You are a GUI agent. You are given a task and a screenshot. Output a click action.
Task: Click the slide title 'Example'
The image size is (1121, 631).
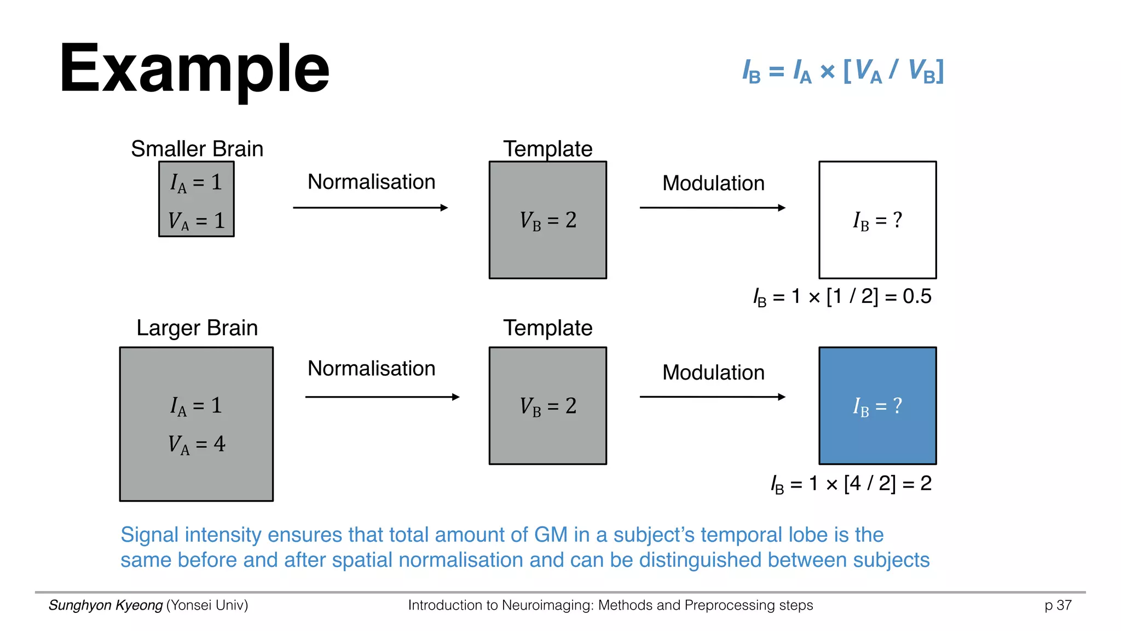194,70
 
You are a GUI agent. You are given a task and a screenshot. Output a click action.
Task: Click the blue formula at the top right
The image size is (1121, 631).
843,71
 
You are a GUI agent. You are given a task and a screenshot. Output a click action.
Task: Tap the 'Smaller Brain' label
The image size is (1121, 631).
197,149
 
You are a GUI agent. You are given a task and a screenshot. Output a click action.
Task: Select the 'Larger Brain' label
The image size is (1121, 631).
197,328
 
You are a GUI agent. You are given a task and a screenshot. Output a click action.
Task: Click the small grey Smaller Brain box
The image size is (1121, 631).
197,199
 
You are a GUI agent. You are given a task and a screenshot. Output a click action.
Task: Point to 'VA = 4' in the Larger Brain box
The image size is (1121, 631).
197,444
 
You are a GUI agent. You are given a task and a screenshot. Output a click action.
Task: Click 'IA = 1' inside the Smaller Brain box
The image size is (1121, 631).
197,182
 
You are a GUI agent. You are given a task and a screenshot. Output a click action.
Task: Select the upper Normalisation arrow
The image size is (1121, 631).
371,208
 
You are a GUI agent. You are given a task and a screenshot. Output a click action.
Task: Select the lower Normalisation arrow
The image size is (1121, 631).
382,397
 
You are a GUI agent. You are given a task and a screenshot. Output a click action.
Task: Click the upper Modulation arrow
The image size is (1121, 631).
713,208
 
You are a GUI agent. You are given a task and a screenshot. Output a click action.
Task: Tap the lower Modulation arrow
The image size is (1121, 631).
713,397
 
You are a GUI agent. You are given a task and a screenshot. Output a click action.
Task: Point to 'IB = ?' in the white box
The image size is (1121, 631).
877,220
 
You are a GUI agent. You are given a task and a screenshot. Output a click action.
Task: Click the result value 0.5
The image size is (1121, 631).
917,296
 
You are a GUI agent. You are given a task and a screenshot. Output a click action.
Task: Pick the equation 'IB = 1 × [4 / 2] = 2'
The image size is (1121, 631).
851,484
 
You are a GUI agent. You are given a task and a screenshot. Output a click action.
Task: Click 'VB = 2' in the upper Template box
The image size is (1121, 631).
548,220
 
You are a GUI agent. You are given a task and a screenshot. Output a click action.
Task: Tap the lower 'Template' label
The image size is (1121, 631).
548,328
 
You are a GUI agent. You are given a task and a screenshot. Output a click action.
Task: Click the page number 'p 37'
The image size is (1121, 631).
1058,605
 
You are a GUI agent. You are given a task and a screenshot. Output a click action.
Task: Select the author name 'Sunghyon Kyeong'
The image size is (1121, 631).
106,605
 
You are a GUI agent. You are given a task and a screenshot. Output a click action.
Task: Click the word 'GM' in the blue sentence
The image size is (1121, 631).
551,535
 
